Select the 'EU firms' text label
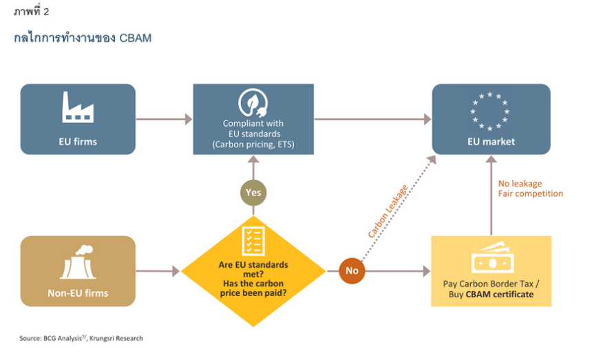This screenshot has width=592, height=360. point(78,142)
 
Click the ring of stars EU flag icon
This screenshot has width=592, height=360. point(490,110)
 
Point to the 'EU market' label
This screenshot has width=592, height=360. point(491,142)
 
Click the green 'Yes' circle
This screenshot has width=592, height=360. point(253,192)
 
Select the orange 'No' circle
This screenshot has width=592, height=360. point(352,271)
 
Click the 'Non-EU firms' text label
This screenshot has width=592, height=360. point(78,293)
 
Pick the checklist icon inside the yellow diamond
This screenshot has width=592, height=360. point(253,240)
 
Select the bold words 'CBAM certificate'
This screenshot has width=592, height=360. point(500,295)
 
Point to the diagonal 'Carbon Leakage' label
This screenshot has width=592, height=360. point(388,211)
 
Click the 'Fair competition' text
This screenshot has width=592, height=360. point(530,193)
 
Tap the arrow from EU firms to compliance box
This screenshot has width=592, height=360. point(164,119)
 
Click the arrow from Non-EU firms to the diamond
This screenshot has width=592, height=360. point(158,271)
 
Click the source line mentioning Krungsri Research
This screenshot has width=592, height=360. point(81,338)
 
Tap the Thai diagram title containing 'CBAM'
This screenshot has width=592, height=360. point(83,38)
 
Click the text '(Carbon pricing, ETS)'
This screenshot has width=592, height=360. point(253,144)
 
